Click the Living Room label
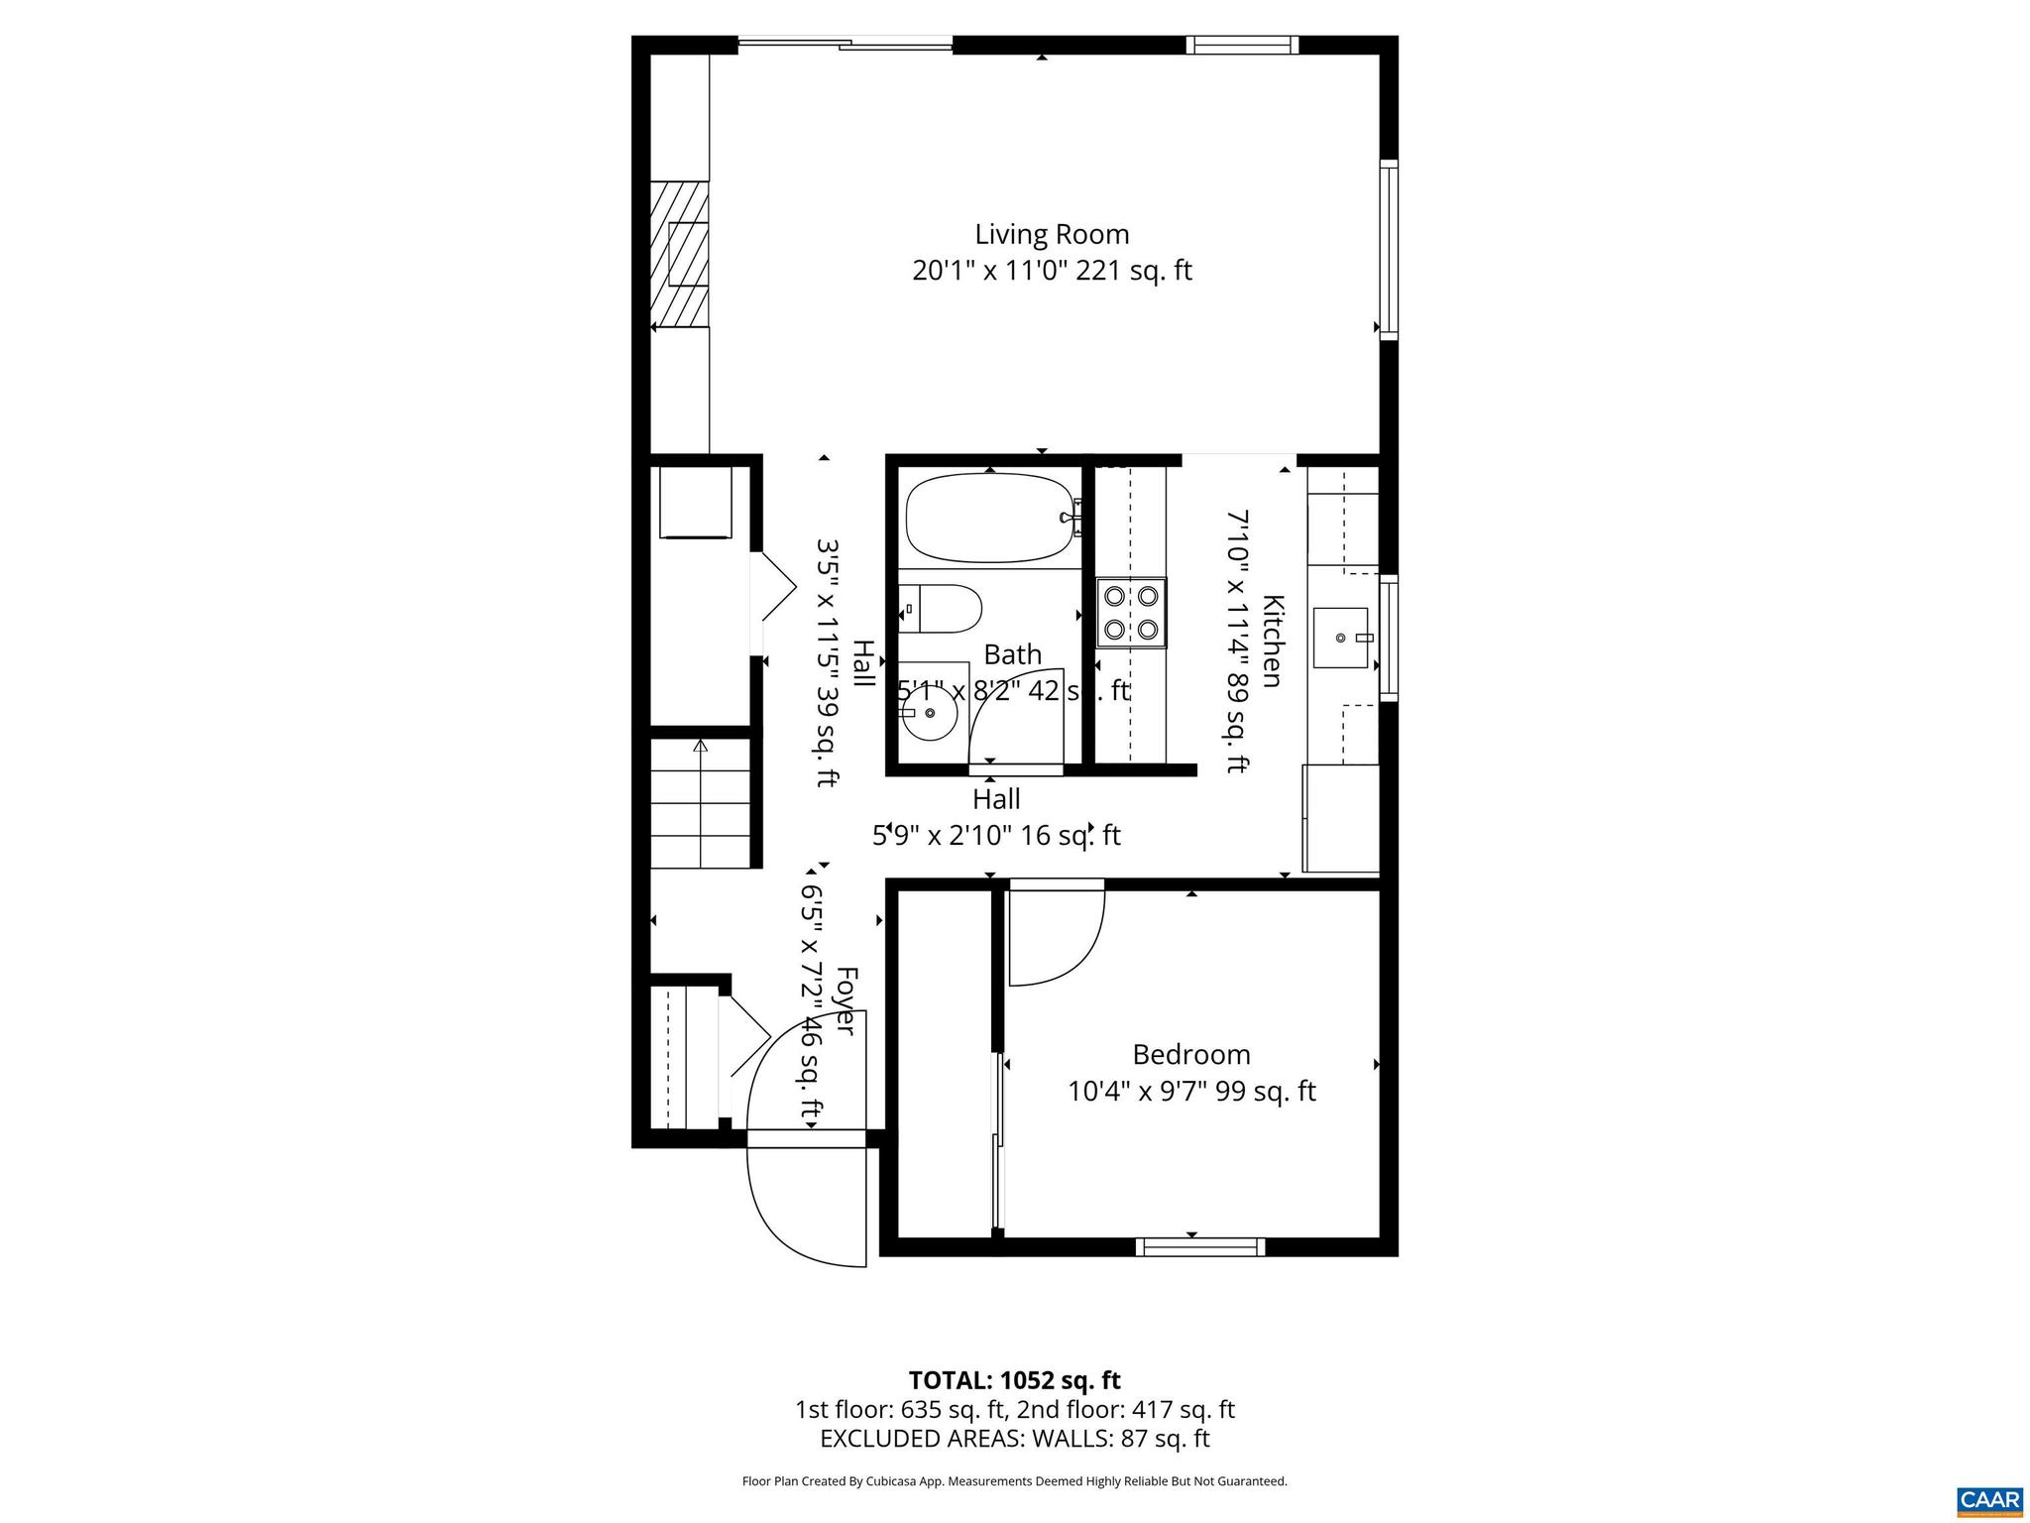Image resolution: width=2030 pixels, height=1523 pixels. coord(1052,235)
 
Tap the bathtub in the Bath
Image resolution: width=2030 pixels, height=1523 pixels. coord(989,518)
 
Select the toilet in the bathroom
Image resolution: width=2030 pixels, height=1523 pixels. coord(947,608)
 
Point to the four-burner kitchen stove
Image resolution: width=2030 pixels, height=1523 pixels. coord(1131,612)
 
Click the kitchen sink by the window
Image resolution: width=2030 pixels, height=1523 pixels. coord(1340,638)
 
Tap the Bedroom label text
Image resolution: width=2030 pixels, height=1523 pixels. coord(1190,1054)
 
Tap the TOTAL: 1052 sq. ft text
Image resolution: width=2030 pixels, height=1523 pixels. coord(1014,1380)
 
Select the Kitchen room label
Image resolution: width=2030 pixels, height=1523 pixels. coord(1273,641)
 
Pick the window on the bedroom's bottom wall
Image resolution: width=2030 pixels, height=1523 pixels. coord(1199,1246)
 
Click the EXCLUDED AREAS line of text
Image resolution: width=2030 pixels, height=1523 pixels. coord(1014,1439)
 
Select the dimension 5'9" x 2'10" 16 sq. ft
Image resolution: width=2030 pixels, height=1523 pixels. coord(996,836)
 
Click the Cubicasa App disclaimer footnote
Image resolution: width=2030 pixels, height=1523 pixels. coord(1014,1481)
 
